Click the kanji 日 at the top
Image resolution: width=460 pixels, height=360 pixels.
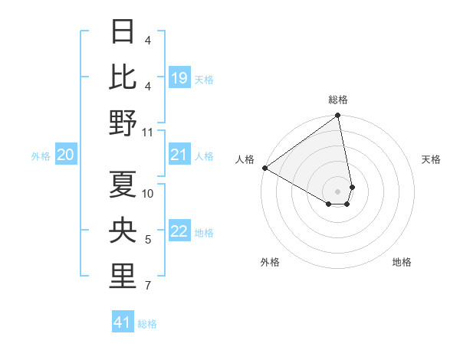click(123, 32)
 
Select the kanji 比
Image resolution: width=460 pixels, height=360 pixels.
click(123, 77)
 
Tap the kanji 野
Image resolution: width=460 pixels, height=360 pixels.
click(123, 122)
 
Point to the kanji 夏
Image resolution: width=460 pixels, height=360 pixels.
click(123, 185)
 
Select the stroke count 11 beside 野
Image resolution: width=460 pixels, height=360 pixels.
click(148, 132)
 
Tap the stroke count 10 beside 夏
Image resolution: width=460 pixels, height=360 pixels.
click(148, 193)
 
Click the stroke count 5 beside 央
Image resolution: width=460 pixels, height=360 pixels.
click(148, 241)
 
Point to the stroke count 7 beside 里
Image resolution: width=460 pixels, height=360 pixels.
click(148, 286)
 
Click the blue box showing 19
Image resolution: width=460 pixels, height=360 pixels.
click(179, 78)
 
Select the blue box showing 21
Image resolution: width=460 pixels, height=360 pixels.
click(179, 155)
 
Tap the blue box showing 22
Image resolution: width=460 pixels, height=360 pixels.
click(179, 232)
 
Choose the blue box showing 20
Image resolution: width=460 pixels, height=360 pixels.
click(66, 155)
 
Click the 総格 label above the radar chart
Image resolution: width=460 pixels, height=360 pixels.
click(338, 100)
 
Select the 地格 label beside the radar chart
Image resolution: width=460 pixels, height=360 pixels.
click(402, 262)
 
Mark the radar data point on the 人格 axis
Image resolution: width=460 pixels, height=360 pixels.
click(264, 167)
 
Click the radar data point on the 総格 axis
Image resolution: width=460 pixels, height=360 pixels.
click(338, 116)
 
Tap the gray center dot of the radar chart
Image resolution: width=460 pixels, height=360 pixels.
click(338, 191)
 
